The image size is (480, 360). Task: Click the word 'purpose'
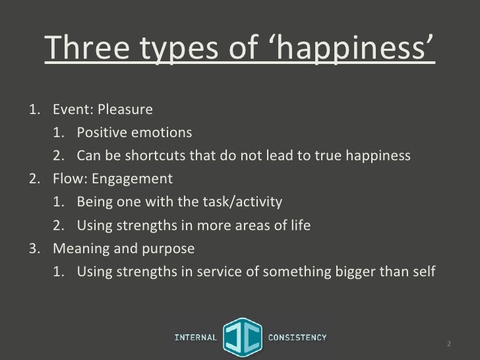click(171, 250)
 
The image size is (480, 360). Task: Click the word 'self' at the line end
click(422, 272)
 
